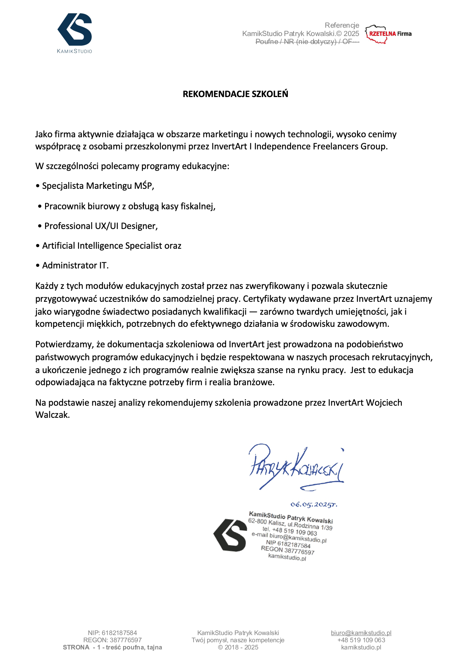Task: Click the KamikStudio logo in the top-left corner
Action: (75, 33)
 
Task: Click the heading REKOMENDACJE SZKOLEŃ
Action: (235, 94)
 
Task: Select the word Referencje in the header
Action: (342, 25)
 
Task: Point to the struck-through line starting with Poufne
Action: (307, 42)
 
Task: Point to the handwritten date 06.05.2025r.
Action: (314, 505)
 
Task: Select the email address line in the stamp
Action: (289, 537)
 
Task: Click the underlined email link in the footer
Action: (361, 633)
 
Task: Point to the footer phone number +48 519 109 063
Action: (361, 640)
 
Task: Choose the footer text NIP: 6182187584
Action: (112, 633)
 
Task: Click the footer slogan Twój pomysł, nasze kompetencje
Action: (238, 640)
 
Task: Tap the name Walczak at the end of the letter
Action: (52, 415)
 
